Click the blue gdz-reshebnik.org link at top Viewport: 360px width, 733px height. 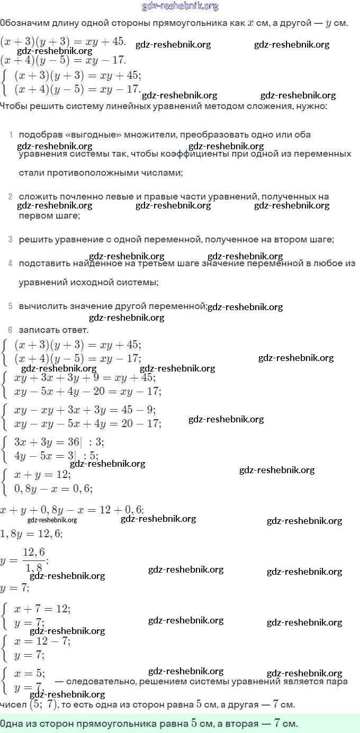[180, 6]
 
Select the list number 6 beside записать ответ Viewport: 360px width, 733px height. [10, 329]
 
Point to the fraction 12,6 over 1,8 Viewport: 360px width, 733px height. [34, 560]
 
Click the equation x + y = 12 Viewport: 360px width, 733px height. [42, 475]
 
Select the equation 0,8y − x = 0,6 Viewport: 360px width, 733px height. [53, 488]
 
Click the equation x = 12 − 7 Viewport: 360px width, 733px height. [42, 641]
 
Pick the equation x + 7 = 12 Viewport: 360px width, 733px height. [42, 609]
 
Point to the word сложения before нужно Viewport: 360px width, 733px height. [265, 106]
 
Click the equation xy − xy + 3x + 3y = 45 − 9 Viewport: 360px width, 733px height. [85, 410]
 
